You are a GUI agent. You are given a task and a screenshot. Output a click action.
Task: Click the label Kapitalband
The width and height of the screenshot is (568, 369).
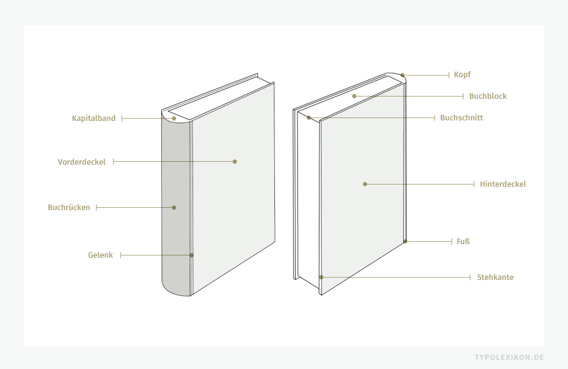pyautogui.click(x=94, y=118)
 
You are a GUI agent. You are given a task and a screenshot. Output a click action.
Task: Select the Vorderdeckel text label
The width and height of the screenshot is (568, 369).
pyautogui.click(x=82, y=162)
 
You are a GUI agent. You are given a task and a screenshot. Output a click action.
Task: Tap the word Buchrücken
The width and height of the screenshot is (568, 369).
pyautogui.click(x=69, y=207)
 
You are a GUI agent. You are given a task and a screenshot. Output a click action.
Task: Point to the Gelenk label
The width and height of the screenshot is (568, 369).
pyautogui.click(x=100, y=255)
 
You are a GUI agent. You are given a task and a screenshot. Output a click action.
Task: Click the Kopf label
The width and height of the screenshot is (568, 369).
pyautogui.click(x=462, y=74)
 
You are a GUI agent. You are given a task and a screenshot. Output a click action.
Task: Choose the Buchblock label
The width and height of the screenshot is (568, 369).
pyautogui.click(x=487, y=96)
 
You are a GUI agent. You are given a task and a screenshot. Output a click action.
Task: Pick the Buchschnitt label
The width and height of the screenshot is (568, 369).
pyautogui.click(x=461, y=118)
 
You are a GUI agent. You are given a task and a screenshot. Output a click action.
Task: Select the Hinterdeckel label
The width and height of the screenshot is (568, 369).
pyautogui.click(x=503, y=184)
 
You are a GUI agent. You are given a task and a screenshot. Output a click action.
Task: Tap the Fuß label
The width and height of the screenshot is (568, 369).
pyautogui.click(x=463, y=241)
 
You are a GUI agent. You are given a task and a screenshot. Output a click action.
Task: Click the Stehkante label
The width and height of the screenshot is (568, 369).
pyautogui.click(x=495, y=277)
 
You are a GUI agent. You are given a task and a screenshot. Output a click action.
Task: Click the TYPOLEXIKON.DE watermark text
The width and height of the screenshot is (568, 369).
pyautogui.click(x=509, y=357)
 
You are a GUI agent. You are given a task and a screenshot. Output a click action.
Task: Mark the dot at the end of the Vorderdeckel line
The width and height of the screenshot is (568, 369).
pyautogui.click(x=235, y=162)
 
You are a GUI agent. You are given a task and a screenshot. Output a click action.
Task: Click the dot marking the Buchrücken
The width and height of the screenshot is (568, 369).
pyautogui.click(x=174, y=207)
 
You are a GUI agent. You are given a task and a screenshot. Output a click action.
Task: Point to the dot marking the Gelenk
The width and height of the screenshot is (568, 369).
pyautogui.click(x=191, y=255)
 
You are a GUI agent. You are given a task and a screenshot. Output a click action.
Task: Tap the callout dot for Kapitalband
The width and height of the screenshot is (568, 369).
pyautogui.click(x=174, y=119)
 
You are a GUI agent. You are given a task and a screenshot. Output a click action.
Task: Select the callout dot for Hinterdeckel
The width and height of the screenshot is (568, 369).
pyautogui.click(x=365, y=184)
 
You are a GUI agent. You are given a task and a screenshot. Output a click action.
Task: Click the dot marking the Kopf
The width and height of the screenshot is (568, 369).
pyautogui.click(x=403, y=75)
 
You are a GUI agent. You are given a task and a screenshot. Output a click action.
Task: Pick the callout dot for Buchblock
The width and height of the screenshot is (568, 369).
pyautogui.click(x=354, y=97)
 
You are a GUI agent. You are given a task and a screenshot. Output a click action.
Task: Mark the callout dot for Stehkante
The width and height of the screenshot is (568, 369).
pyautogui.click(x=321, y=277)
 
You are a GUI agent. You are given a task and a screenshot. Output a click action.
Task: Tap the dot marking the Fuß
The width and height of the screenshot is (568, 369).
pyautogui.click(x=406, y=241)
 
